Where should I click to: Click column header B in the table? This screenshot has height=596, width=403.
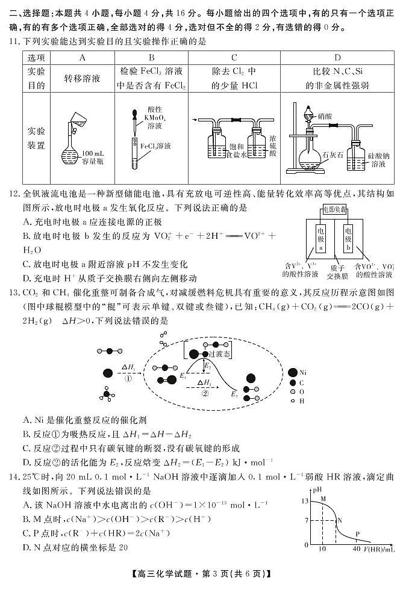(151, 57)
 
